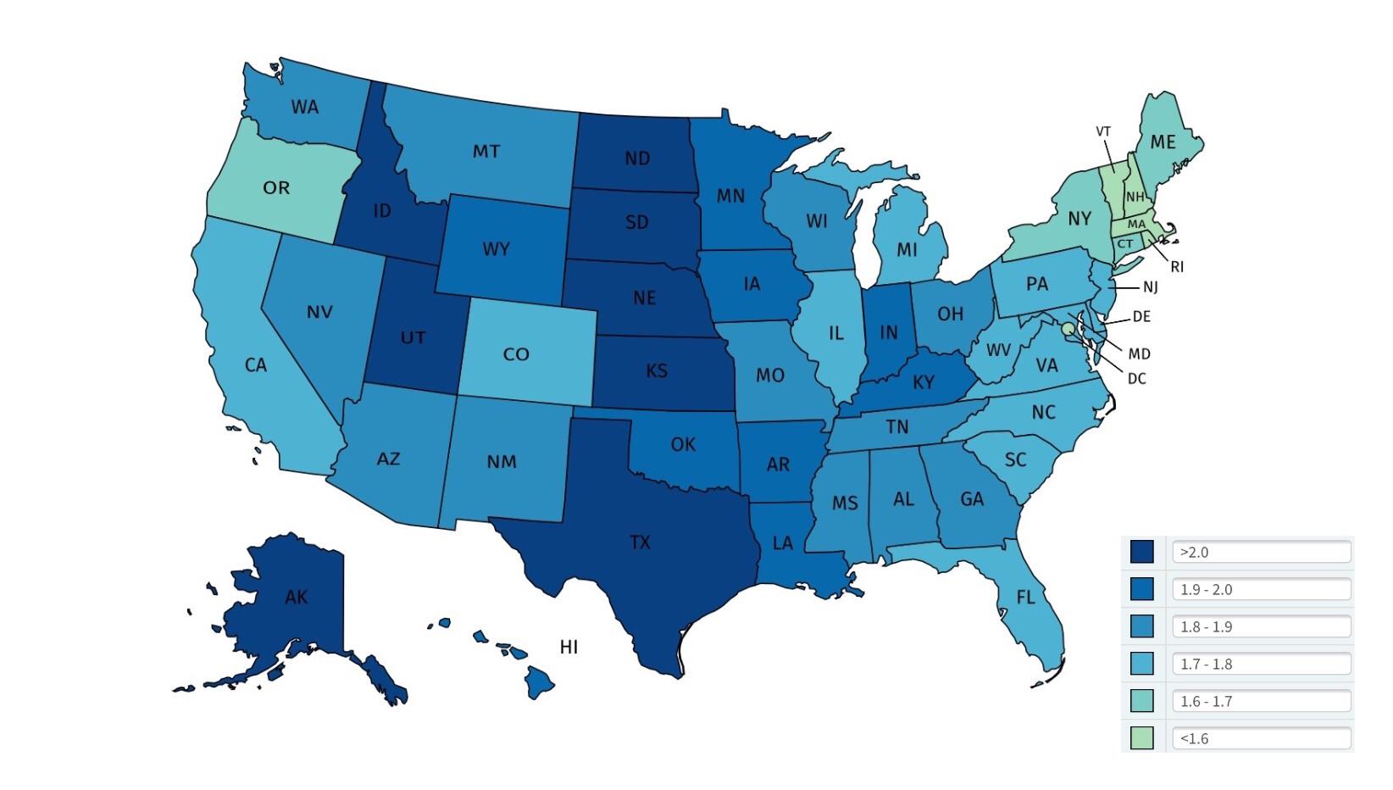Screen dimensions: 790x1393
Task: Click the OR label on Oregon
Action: pyautogui.click(x=276, y=188)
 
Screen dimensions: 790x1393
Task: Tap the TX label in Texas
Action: pyautogui.click(x=640, y=542)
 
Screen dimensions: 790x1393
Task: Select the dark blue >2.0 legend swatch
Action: pyautogui.click(x=1141, y=552)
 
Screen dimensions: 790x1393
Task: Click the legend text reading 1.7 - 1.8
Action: pyautogui.click(x=1206, y=664)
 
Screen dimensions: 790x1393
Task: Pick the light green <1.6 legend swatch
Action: pyautogui.click(x=1141, y=738)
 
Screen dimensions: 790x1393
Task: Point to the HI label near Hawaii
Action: pyautogui.click(x=569, y=648)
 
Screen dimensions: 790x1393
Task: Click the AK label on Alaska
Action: pyautogui.click(x=296, y=598)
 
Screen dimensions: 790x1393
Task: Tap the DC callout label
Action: pyautogui.click(x=1136, y=379)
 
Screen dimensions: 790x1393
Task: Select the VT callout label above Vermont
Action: pyautogui.click(x=1102, y=131)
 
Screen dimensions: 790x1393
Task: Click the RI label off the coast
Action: pyautogui.click(x=1176, y=267)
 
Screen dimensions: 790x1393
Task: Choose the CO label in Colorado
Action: pyautogui.click(x=516, y=354)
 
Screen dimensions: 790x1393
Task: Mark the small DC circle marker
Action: pyautogui.click(x=1068, y=328)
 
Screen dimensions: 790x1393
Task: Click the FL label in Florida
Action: pyautogui.click(x=1025, y=598)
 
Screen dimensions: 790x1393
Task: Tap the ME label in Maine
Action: pyautogui.click(x=1163, y=142)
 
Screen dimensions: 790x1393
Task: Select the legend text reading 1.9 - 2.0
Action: pyautogui.click(x=1206, y=589)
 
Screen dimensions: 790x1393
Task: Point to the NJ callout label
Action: pyautogui.click(x=1150, y=287)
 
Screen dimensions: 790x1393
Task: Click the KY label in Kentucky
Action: pyautogui.click(x=923, y=383)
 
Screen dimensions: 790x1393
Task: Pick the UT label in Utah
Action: pyautogui.click(x=413, y=338)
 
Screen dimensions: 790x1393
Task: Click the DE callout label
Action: pyautogui.click(x=1140, y=317)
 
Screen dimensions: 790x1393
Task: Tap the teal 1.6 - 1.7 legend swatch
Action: pyautogui.click(x=1141, y=701)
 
